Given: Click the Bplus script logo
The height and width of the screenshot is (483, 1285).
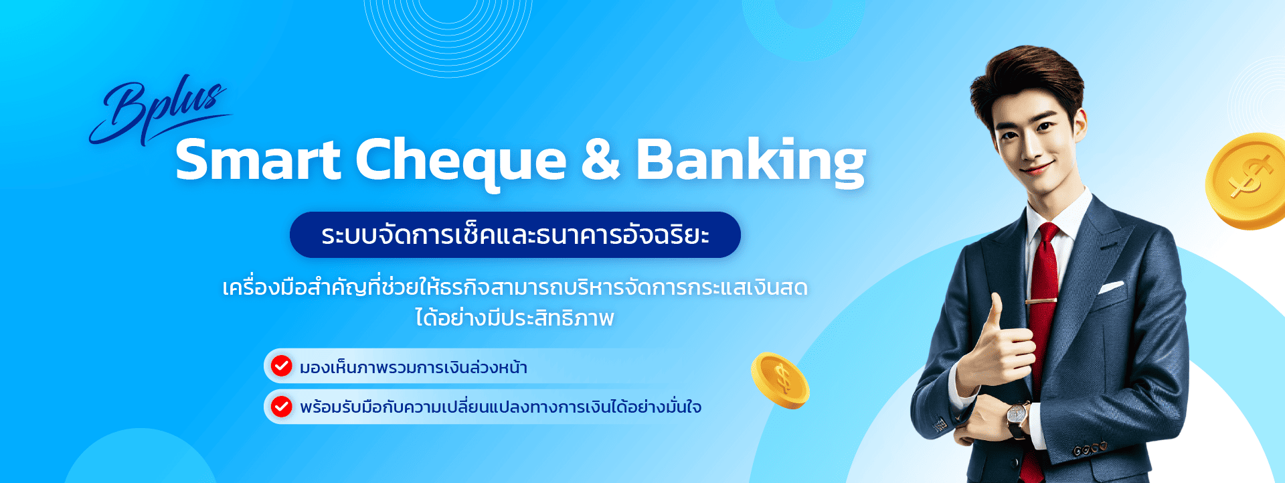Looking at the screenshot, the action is pyautogui.click(x=159, y=111).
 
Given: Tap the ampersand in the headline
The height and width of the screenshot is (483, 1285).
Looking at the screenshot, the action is pyautogui.click(x=600, y=159).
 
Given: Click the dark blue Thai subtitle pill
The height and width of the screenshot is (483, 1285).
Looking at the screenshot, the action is pyautogui.click(x=515, y=235).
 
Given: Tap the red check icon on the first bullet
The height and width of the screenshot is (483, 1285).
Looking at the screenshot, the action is pyautogui.click(x=281, y=366).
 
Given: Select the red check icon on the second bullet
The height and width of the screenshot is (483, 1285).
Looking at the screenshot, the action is pyautogui.click(x=281, y=406).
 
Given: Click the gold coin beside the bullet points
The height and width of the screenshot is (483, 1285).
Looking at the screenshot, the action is pyautogui.click(x=780, y=380).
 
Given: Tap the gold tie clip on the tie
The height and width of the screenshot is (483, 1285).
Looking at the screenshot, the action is pyautogui.click(x=1041, y=301).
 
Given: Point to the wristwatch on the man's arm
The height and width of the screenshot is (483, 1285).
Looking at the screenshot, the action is pyautogui.click(x=1018, y=417).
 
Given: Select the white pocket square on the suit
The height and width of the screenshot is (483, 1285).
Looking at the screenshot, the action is pyautogui.click(x=1111, y=287).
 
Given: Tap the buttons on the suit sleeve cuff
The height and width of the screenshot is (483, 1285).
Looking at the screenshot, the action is pyautogui.click(x=1090, y=448).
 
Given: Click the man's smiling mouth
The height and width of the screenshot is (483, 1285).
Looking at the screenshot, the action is pyautogui.click(x=1038, y=167).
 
